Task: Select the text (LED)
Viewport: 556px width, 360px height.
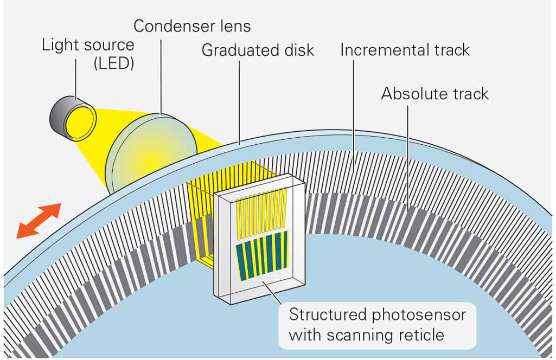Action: pyautogui.click(x=114, y=63)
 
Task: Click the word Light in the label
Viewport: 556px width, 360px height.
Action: pyautogui.click(x=59, y=44)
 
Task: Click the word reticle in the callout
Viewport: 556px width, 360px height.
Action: pyautogui.click(x=420, y=335)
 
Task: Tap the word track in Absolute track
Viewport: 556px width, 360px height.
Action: pyautogui.click(x=469, y=94)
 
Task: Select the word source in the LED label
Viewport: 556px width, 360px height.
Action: pyautogui.click(x=108, y=44)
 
